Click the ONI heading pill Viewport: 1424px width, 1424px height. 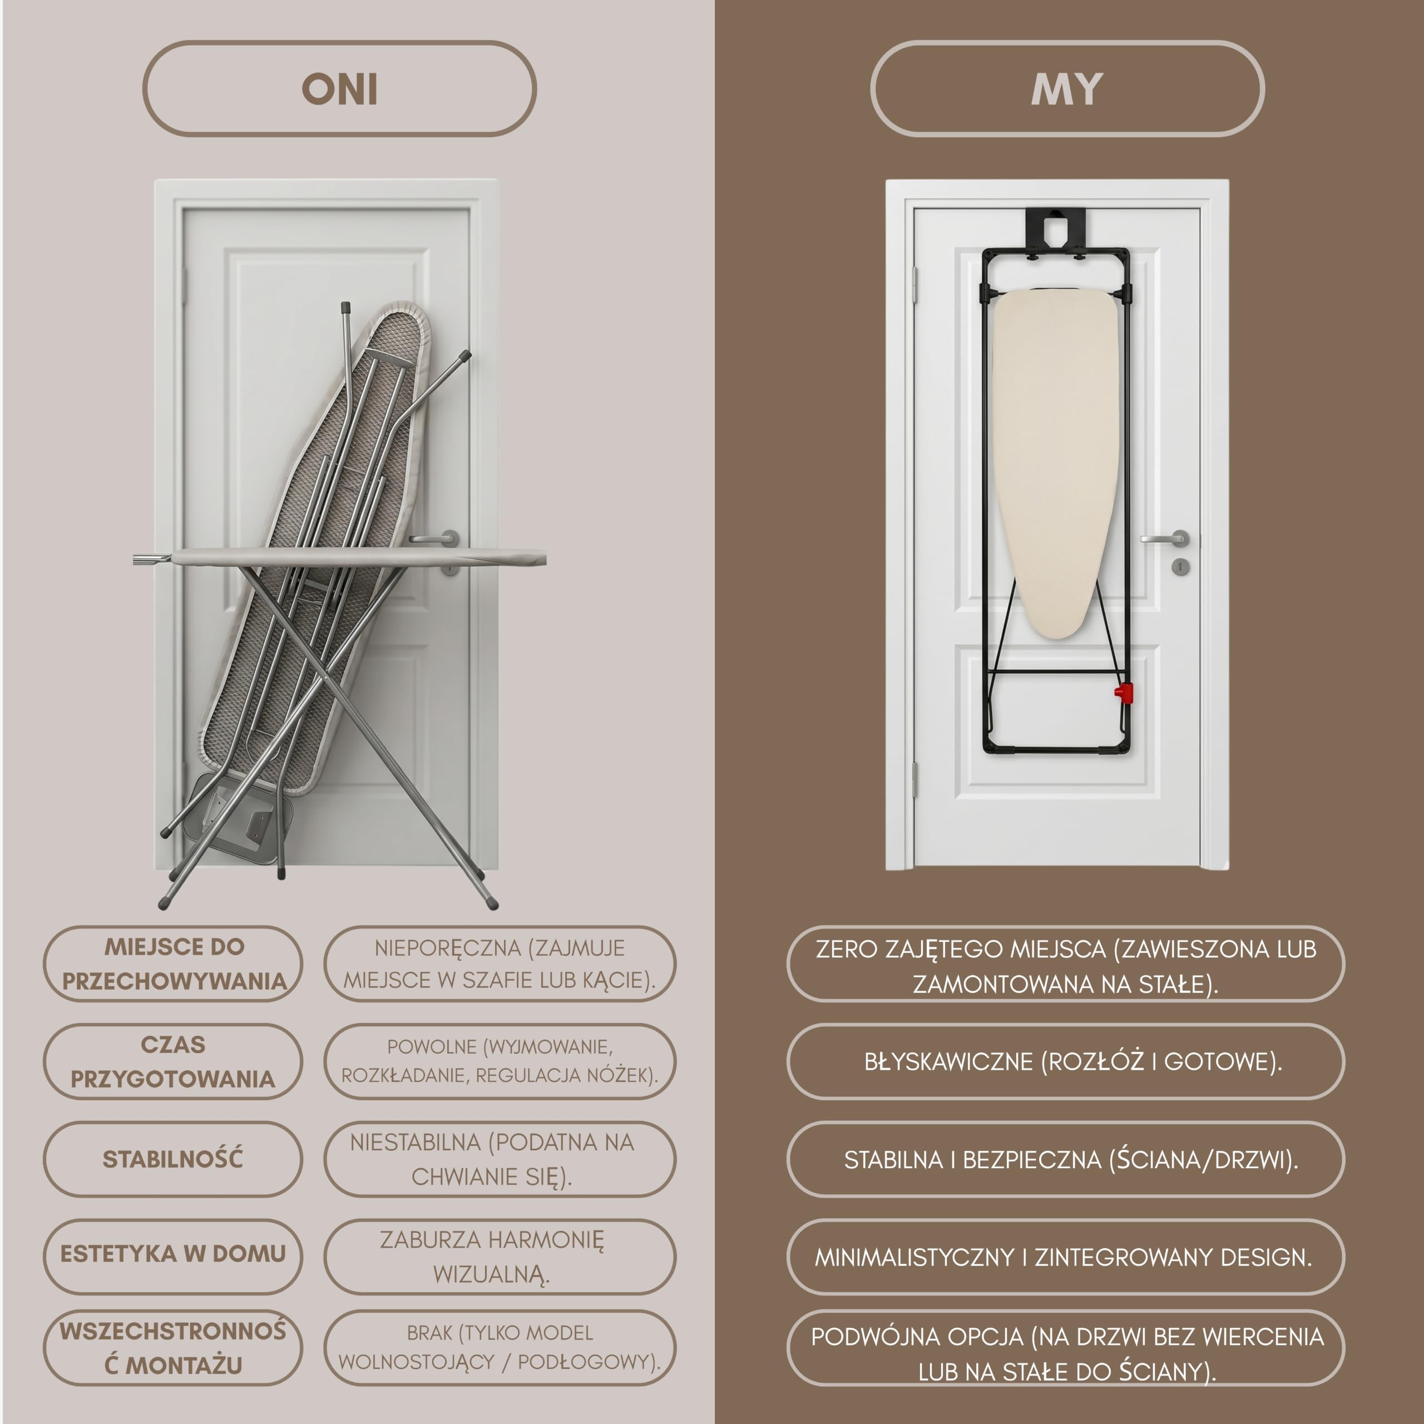tap(339, 88)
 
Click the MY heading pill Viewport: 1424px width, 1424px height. tap(1067, 88)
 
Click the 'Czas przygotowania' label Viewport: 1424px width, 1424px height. tap(173, 1061)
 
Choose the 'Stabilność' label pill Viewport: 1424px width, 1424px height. tap(173, 1159)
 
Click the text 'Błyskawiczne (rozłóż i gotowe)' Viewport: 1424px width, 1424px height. tap(1073, 1061)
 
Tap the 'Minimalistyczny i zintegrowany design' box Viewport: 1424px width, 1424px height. tap(1066, 1257)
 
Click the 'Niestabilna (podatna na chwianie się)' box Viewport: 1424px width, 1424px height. tap(500, 1159)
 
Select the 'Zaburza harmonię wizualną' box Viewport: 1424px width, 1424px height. tap(500, 1257)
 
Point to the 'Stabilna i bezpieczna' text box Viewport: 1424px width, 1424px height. tap(1066, 1159)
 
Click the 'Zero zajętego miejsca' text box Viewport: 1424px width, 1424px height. tap(1066, 964)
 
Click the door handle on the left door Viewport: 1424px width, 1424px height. tap(435, 539)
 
